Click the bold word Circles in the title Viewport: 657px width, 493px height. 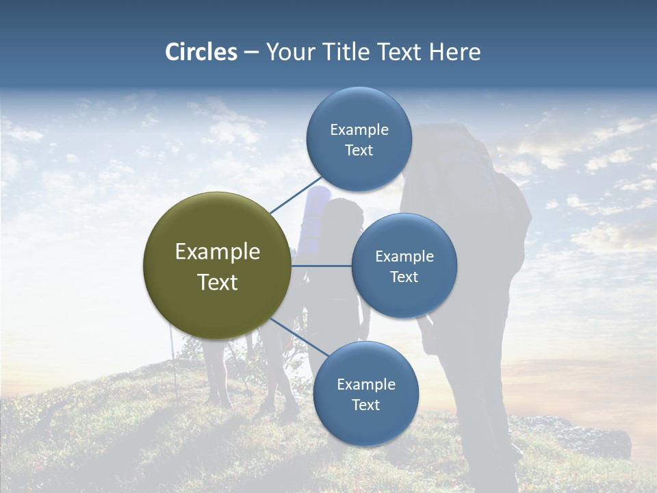(201, 52)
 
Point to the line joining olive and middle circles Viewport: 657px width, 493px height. (321, 266)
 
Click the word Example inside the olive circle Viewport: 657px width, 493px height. (217, 252)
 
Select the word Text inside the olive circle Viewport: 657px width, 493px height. (217, 282)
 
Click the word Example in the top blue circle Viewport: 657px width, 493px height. (359, 130)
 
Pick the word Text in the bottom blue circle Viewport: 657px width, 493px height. (365, 405)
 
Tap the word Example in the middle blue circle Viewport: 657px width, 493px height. (404, 257)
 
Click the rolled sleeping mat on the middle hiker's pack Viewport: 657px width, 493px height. (316, 212)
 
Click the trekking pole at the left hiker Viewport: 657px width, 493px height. (175, 363)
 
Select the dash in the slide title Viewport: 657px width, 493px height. (251, 53)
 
